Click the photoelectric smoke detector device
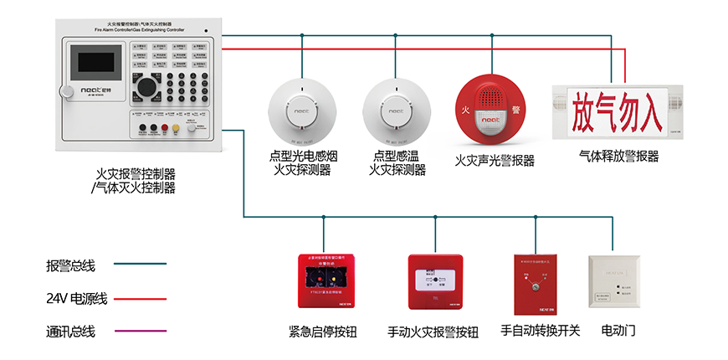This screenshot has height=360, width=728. coord(301,109)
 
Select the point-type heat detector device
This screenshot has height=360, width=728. coord(396,109)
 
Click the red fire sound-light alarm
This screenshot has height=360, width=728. coord(493,108)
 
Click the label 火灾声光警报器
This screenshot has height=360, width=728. coord(494,160)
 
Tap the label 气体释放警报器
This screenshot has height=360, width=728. coord(618,156)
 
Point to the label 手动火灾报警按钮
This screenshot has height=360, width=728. coord(433,332)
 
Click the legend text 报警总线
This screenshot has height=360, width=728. coord(71,266)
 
